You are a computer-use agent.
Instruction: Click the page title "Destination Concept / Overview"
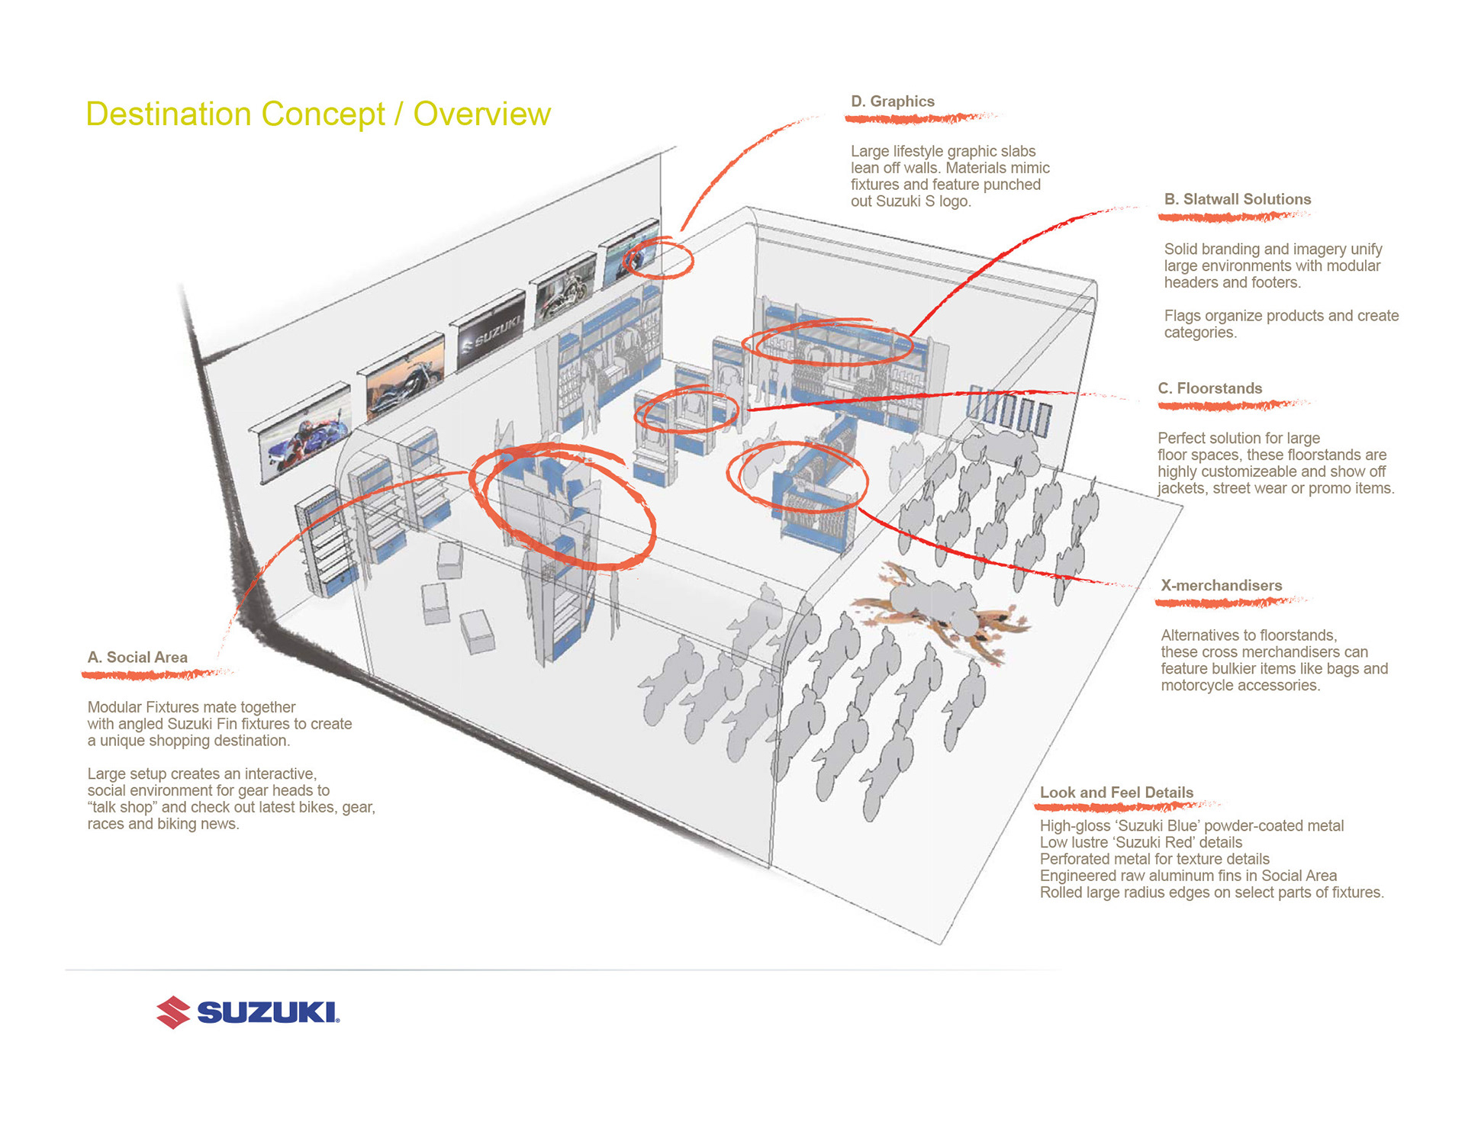317,114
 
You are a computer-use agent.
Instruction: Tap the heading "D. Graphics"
892,101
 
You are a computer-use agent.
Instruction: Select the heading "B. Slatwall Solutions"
1237,199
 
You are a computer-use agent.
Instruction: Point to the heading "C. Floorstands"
1209,388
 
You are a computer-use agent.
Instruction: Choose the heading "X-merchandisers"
1221,586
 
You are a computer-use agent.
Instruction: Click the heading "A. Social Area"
137,658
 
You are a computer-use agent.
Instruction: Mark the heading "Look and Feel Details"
1116,793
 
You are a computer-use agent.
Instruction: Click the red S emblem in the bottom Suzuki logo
173,1012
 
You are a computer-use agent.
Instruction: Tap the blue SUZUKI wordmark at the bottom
268,1012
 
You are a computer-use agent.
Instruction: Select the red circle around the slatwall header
828,342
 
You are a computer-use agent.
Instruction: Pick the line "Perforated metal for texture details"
1154,859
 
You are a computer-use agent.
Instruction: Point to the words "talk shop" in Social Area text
121,807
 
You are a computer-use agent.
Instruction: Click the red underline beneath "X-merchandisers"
1228,603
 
